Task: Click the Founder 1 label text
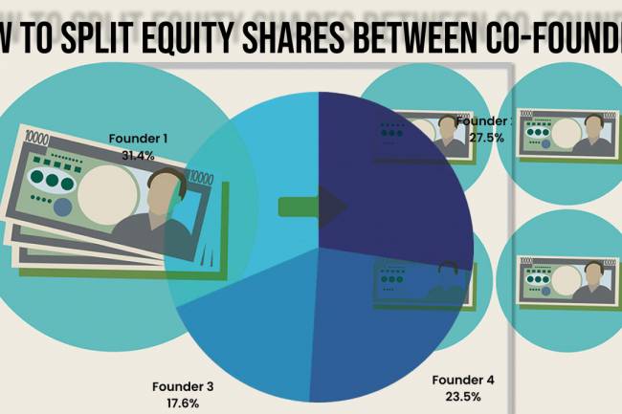pos(139,138)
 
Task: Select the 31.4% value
pos(139,153)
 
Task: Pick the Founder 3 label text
pos(182,387)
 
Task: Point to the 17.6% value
pos(182,403)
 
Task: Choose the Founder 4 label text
pos(463,380)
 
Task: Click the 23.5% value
pos(463,395)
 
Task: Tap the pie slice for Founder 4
pos(383,316)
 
